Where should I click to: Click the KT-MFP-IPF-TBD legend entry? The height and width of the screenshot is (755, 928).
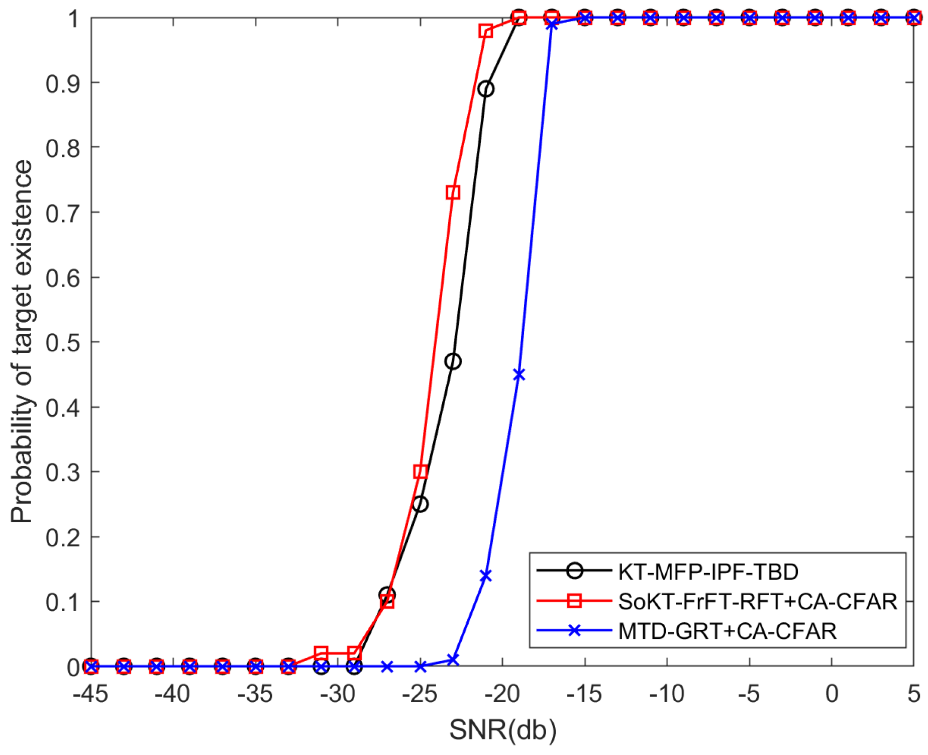click(708, 572)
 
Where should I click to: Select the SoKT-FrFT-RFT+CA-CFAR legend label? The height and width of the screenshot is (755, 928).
click(757, 601)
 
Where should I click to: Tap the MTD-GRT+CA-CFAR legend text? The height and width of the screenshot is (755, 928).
click(727, 631)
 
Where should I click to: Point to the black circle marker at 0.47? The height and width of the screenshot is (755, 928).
click(453, 361)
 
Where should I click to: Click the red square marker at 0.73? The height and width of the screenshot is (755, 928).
click(453, 193)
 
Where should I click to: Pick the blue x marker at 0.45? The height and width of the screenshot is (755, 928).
click(519, 374)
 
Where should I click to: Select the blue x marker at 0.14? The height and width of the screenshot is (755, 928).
click(486, 576)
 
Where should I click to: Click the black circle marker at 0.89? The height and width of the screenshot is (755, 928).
click(486, 89)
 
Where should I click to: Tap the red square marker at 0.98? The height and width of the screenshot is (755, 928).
click(486, 31)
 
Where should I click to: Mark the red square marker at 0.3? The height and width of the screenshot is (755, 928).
click(421, 471)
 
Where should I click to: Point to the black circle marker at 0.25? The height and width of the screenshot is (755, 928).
click(421, 504)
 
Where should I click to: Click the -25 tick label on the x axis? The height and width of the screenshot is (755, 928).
click(420, 695)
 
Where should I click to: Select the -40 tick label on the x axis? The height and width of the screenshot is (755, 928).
click(172, 695)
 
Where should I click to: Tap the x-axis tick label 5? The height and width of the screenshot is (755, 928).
click(913, 695)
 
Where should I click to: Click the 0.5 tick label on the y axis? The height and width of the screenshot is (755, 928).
click(62, 343)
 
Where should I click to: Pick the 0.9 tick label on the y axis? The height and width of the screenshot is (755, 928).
click(62, 83)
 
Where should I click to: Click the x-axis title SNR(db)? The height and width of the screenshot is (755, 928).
click(502, 730)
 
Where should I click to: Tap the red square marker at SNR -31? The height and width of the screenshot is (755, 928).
click(321, 653)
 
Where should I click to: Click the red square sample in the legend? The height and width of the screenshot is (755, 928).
click(574, 601)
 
